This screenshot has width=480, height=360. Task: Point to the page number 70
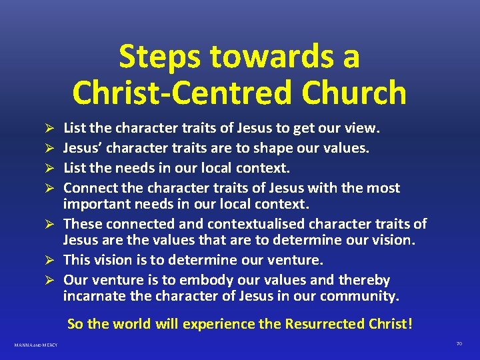459,344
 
